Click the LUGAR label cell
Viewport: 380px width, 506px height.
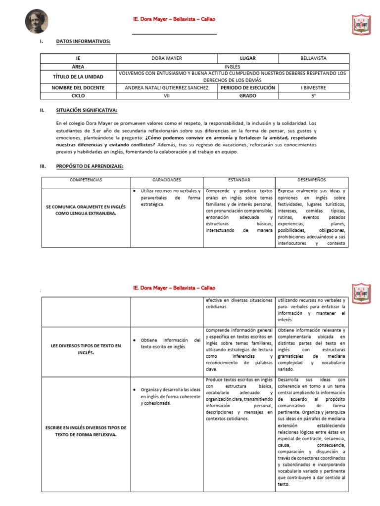tap(247, 58)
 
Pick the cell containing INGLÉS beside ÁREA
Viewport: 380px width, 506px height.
tap(232, 66)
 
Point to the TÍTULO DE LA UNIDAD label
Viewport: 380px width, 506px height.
tap(78, 77)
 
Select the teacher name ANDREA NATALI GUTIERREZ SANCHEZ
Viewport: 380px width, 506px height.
tap(163, 87)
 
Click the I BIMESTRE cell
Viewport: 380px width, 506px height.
tap(313, 87)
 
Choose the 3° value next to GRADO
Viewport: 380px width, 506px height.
tap(313, 95)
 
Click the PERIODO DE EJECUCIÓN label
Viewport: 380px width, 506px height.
tap(247, 87)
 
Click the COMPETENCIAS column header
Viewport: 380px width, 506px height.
tap(86, 180)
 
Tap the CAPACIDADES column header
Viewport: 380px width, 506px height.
tap(167, 180)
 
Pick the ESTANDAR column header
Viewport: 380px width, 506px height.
tap(238, 180)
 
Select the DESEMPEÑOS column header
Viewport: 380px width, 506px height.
tap(312, 180)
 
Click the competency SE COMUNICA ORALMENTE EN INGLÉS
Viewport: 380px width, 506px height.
tap(86, 211)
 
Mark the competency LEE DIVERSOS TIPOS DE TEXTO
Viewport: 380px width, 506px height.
tap(86, 349)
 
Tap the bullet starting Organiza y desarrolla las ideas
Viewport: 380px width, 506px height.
tap(170, 396)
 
